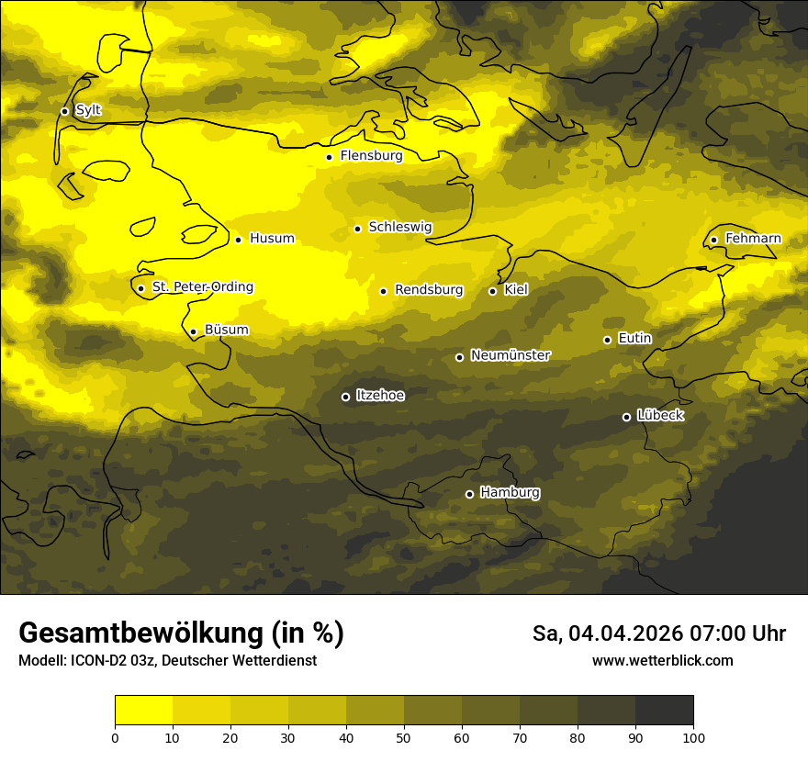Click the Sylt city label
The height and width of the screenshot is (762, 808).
(88, 111)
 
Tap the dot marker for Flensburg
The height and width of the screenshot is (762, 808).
(329, 157)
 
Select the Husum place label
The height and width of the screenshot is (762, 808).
(272, 239)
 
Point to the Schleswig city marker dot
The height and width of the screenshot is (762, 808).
(357, 229)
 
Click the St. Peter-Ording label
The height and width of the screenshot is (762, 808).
(202, 287)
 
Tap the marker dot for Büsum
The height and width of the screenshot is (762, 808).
(193, 331)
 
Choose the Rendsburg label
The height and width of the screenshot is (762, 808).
(429, 290)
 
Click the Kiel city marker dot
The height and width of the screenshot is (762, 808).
(492, 291)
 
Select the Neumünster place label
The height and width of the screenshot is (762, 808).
(511, 355)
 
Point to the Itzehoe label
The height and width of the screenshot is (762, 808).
(380, 396)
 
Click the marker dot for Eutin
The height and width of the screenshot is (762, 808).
(607, 340)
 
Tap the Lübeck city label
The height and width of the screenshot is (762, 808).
(660, 416)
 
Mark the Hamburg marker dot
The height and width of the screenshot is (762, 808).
(469, 494)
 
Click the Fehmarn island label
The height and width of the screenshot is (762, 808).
(753, 239)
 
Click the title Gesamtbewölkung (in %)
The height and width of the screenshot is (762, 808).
(181, 633)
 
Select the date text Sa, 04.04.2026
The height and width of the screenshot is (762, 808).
(607, 634)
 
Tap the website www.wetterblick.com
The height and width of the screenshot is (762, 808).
(662, 661)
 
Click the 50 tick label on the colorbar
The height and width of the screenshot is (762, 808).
(404, 737)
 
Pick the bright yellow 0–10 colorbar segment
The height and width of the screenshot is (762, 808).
(144, 710)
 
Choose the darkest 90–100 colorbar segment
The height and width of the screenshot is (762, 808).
(664, 710)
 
